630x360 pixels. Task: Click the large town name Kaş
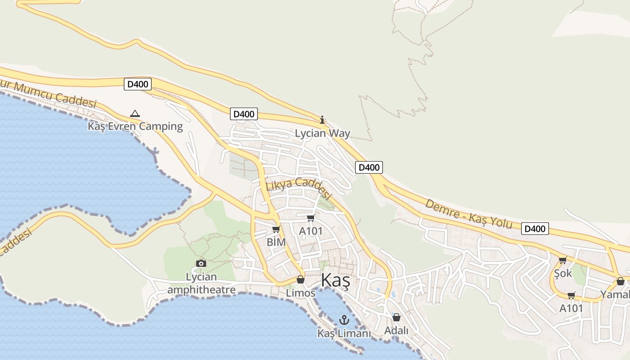(335, 280)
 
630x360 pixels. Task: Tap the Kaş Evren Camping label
(135, 126)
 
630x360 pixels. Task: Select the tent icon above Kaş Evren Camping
(135, 113)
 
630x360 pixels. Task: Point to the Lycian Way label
(322, 133)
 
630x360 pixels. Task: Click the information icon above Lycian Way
(322, 120)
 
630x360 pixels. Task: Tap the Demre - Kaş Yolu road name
(468, 214)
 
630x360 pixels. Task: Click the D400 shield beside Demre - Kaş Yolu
(535, 229)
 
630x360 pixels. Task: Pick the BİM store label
(276, 242)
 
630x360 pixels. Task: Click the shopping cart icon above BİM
(276, 229)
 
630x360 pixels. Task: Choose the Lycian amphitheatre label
(201, 283)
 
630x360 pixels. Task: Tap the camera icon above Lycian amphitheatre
(201, 263)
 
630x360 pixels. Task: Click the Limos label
(301, 293)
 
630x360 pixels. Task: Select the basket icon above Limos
(301, 280)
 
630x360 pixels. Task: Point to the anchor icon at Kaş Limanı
(344, 320)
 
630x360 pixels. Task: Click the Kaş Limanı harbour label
(344, 333)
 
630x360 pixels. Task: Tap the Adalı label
(396, 331)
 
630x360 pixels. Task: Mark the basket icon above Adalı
(396, 318)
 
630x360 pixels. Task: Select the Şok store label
(563, 273)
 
